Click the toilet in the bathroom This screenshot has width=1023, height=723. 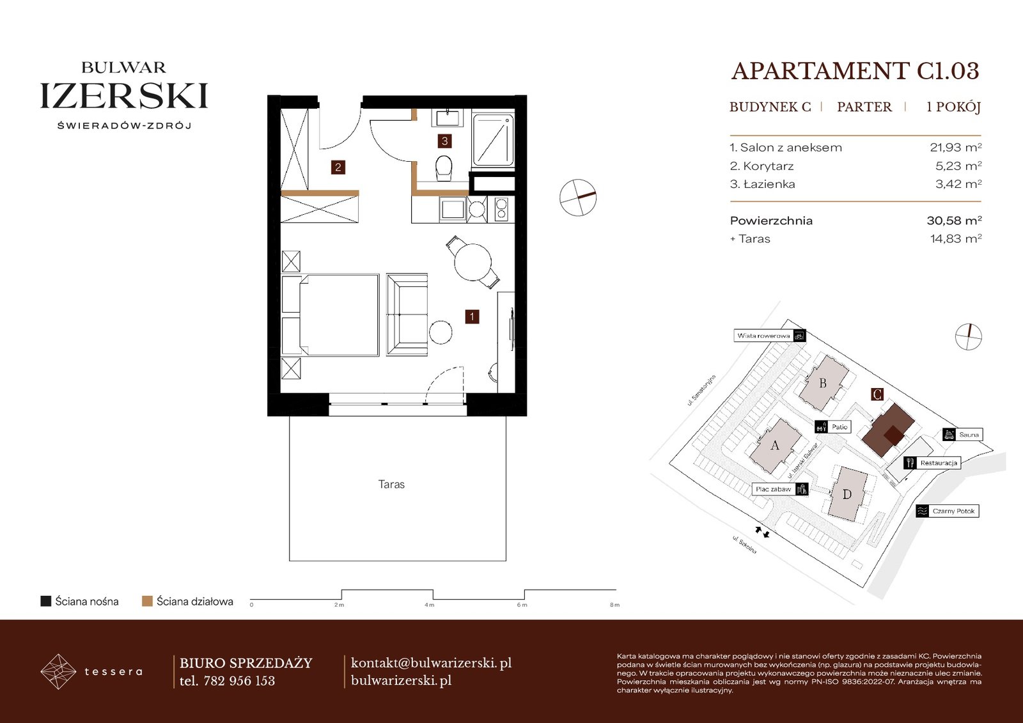click(x=444, y=168)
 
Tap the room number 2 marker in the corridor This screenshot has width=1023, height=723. click(x=338, y=167)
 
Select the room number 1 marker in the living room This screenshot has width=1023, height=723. click(x=472, y=316)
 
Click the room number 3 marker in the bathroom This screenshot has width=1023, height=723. click(x=444, y=141)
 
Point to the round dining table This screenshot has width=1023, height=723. click(x=472, y=262)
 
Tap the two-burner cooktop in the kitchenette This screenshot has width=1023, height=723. click(x=501, y=209)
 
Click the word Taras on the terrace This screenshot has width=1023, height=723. click(x=391, y=484)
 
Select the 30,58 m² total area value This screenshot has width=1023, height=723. click(x=954, y=220)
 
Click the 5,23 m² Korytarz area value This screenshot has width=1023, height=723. click(x=958, y=166)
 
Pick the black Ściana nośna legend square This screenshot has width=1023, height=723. click(x=45, y=601)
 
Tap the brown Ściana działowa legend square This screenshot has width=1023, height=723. click(x=147, y=601)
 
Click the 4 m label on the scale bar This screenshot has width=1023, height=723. click(x=429, y=605)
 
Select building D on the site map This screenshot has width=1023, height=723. click(x=847, y=494)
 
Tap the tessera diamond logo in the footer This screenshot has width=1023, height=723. click(x=58, y=671)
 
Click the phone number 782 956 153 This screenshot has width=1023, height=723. click(x=239, y=681)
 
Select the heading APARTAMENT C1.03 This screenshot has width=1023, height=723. click(x=855, y=71)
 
